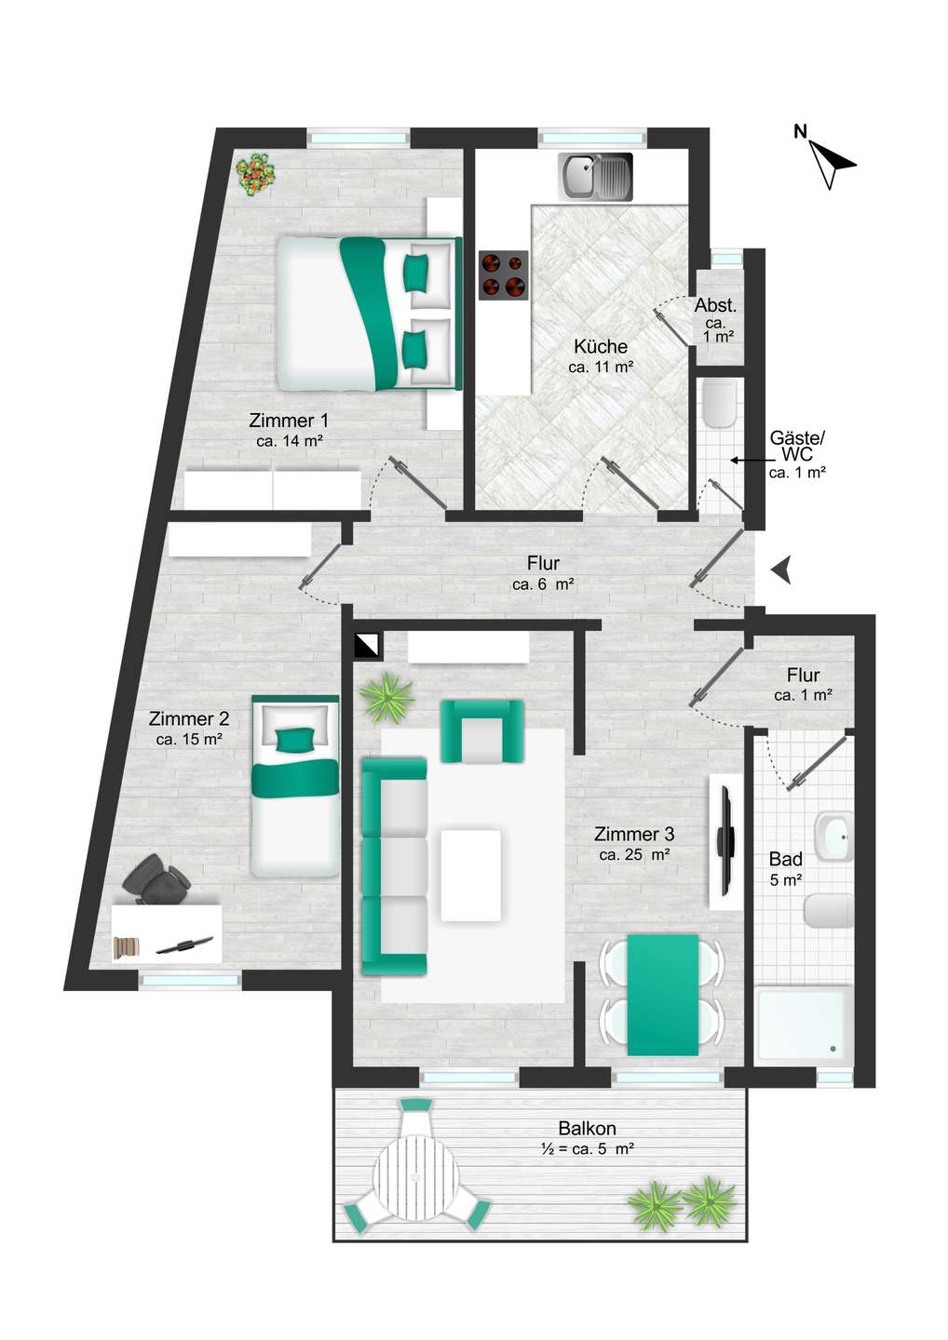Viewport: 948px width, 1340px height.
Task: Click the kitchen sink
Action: point(595,177)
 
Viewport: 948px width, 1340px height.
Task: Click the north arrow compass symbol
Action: point(828,156)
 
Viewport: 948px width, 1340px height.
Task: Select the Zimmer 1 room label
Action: point(289,421)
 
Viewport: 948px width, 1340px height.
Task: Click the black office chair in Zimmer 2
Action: point(156,878)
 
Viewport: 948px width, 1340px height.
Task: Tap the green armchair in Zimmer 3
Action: point(481,730)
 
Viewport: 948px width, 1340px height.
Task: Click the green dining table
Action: point(662,994)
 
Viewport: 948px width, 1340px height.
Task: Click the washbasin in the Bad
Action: point(834,837)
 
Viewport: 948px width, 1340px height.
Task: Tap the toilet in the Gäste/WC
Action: point(720,405)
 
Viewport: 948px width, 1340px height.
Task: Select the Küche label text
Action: point(601,346)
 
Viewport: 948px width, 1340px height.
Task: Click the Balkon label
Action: point(587,1128)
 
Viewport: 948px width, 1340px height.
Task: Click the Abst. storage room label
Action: point(715,306)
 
